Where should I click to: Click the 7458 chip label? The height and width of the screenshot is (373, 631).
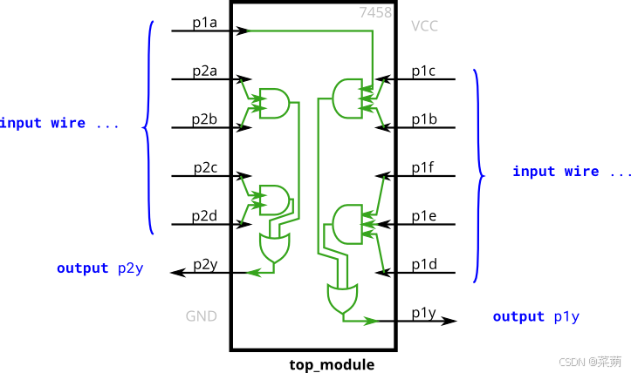coord(375,12)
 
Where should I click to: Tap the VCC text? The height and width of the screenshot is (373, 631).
coord(424,26)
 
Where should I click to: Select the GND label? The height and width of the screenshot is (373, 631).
coord(201,315)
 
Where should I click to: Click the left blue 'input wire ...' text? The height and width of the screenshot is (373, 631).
coord(59,123)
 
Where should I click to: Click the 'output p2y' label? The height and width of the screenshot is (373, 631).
coord(99,268)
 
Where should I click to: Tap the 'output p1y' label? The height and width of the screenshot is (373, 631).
coord(536,316)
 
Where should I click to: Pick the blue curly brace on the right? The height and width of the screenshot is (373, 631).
coord(477,176)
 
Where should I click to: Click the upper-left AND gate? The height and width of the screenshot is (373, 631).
coord(276,103)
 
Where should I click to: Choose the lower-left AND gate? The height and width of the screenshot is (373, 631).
coord(276,199)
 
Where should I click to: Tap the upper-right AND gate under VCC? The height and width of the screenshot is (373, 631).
coord(347,98)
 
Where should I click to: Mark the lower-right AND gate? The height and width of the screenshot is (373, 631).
coord(347,224)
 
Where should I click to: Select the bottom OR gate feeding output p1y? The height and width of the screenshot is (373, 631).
coord(341,299)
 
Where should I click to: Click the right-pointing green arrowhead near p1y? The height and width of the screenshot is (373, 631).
coord(373,322)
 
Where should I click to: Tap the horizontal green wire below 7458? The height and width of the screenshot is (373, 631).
coord(310,31)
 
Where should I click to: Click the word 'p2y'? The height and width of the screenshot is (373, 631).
coord(130,268)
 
